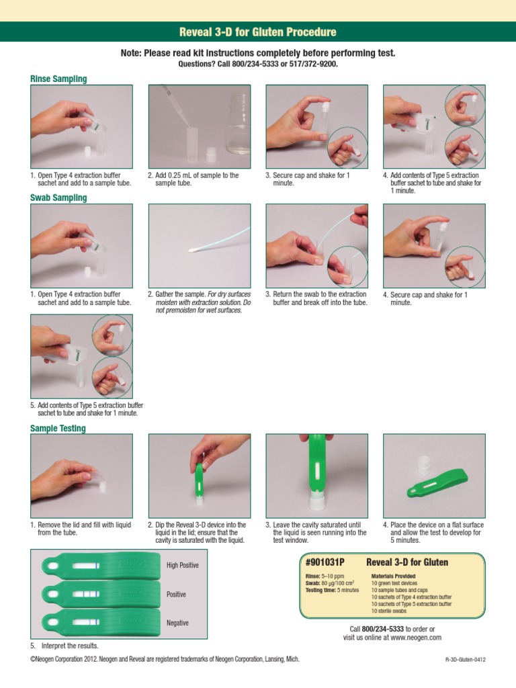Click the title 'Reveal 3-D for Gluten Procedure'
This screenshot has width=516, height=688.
point(258,32)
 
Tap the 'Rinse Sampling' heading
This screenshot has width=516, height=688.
point(58,79)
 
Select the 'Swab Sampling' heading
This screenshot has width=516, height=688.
point(58,198)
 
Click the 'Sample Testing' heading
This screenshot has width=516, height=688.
point(58,429)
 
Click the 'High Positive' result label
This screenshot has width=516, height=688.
point(183,566)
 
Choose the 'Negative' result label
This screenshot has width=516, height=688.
point(178,623)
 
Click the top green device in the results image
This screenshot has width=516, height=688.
point(101,566)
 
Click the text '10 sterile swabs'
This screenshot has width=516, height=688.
point(392,611)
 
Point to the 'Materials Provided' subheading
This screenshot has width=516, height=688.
point(393,576)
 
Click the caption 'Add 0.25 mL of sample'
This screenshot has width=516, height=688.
point(193,175)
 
